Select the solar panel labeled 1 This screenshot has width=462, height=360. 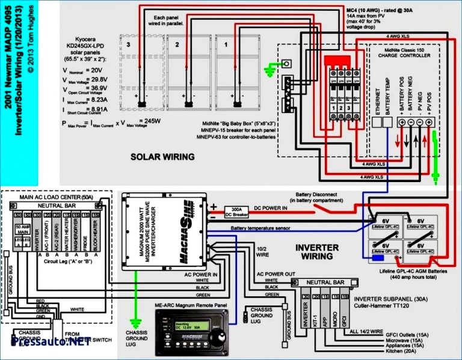click(234, 72)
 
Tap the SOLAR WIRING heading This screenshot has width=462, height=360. click(162, 157)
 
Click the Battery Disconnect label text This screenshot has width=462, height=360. click(319, 195)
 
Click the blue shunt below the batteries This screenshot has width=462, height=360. click(378, 259)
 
